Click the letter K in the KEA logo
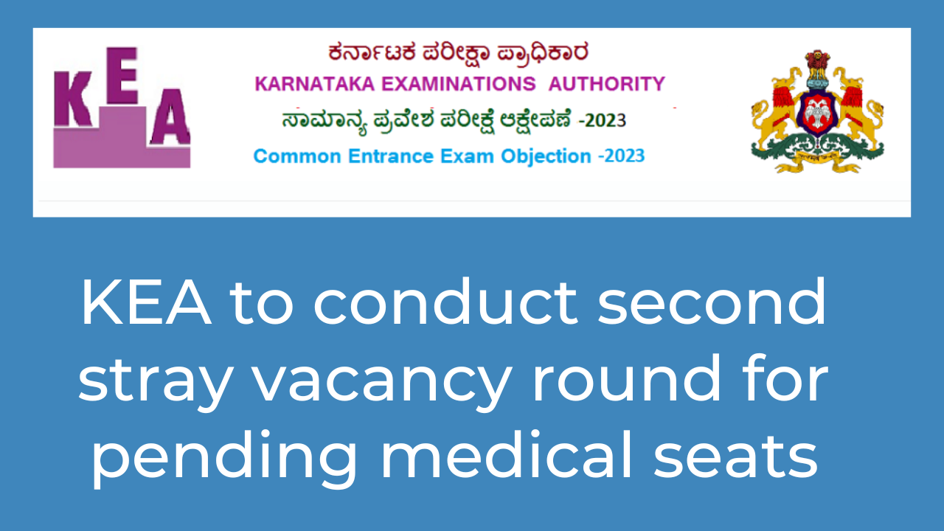tap(72, 98)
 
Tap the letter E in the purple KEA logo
tap(122, 75)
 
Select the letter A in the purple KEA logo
tap(170, 117)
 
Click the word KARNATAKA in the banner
tap(315, 84)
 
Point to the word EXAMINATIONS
tap(459, 84)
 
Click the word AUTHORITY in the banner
tap(607, 84)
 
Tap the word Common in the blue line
tap(297, 156)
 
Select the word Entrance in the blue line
tap(391, 156)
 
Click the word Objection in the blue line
tap(546, 156)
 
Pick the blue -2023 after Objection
tap(622, 156)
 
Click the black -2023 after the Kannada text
tap(603, 121)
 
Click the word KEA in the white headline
tap(146, 302)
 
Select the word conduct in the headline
tap(445, 302)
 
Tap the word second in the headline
tap(712, 302)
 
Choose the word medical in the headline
tap(507, 454)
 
